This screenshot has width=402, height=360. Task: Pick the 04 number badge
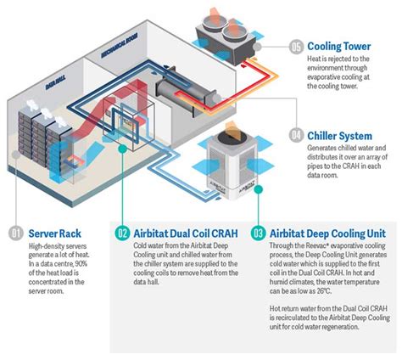coord(296,134)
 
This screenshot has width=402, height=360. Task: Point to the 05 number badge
coord(296,47)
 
